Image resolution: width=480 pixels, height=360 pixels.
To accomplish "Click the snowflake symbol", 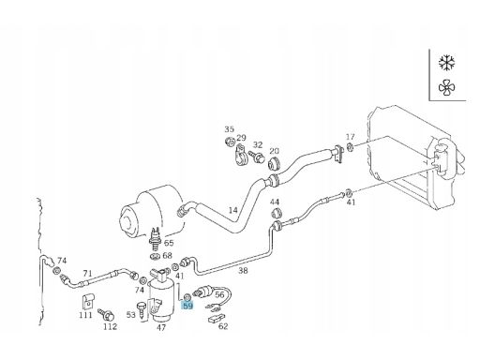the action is click(x=446, y=62).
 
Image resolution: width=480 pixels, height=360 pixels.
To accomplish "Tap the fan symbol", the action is click(x=446, y=87).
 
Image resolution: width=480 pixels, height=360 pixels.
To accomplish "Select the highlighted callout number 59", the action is click(x=187, y=306).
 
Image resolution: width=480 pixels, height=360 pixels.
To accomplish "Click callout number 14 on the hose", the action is click(x=232, y=210).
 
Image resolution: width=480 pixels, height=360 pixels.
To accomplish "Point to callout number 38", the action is click(x=243, y=270).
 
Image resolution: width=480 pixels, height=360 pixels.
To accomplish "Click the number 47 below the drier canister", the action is click(x=161, y=327).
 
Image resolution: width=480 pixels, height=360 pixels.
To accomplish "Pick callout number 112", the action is click(x=110, y=326).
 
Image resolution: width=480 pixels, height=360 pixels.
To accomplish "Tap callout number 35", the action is click(x=229, y=129).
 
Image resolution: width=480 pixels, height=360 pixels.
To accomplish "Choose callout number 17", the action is click(x=351, y=137).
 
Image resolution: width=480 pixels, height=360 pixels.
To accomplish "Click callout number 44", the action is click(x=275, y=202).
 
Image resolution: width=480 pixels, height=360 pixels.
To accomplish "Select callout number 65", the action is click(x=169, y=243).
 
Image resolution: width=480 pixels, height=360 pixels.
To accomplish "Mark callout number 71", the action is click(x=87, y=274).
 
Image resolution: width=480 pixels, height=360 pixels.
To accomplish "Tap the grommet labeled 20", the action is click(x=275, y=163).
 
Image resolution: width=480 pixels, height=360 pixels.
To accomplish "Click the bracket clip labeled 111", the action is click(x=87, y=302).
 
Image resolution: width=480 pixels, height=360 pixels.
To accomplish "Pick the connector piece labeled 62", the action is click(x=217, y=318).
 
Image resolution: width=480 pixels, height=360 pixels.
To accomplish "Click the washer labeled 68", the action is click(x=156, y=257).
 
